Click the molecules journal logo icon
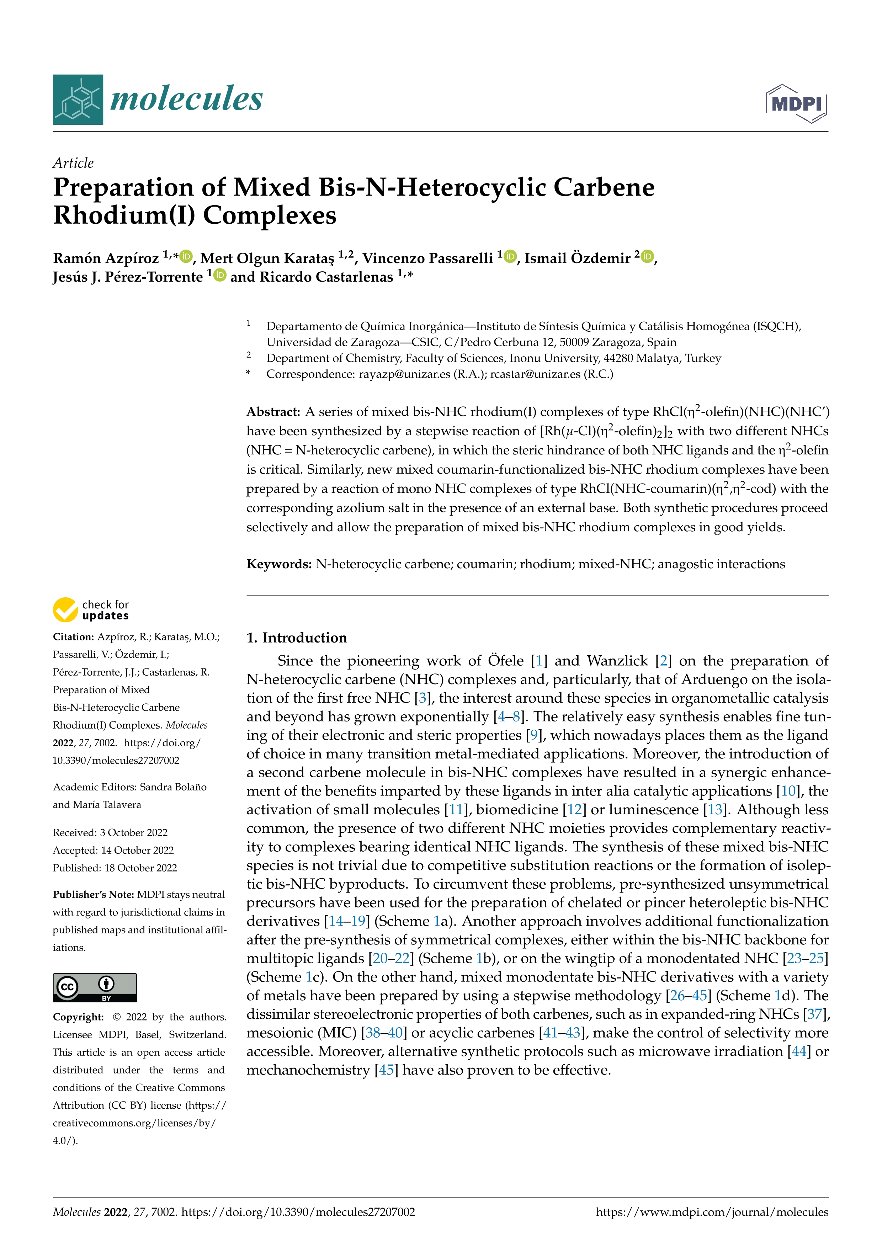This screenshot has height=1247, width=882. click(x=78, y=100)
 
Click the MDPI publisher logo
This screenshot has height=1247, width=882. click(x=796, y=103)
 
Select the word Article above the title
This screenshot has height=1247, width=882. click(x=73, y=163)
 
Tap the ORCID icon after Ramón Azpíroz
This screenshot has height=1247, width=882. click(x=186, y=256)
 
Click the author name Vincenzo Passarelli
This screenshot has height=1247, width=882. click(x=427, y=258)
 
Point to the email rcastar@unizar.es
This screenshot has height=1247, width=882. click(x=535, y=374)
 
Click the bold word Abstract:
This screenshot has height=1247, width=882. click(x=273, y=412)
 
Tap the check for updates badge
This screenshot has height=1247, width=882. click(x=91, y=610)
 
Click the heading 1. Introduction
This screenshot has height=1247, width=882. click(x=297, y=638)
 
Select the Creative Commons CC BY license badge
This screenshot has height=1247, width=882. click(x=95, y=987)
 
